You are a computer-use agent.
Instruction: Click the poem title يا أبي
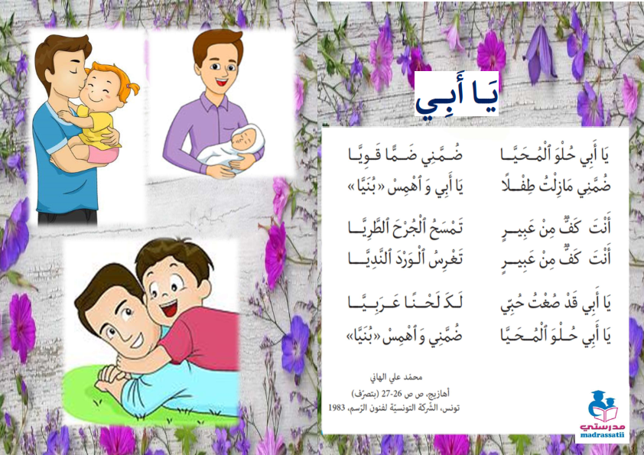coord(457,95)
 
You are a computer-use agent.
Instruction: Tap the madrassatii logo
coord(602,415)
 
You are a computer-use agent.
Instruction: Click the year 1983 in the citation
coord(337,408)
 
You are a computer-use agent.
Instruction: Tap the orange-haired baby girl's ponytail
coord(132,88)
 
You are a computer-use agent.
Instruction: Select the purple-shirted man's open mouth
coord(222,82)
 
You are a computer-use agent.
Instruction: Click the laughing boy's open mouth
coord(169,309)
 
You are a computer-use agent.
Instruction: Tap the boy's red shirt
coord(201,337)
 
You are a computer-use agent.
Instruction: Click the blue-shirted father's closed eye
coord(74,71)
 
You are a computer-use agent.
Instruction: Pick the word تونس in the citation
coord(451,408)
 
